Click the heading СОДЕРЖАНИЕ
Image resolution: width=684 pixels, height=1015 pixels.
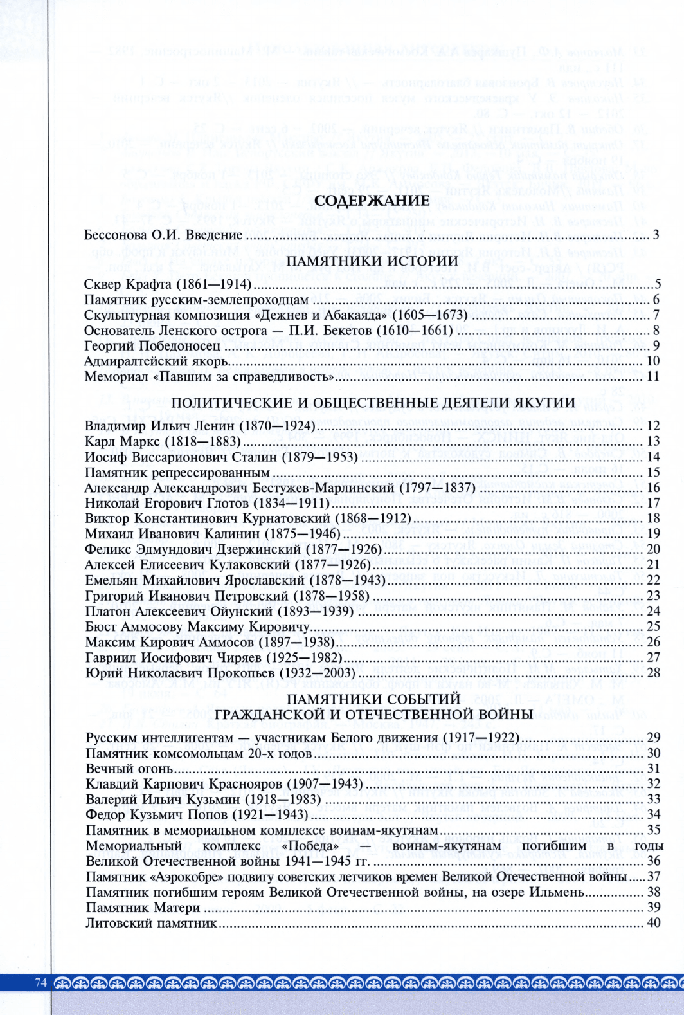click(x=372, y=201)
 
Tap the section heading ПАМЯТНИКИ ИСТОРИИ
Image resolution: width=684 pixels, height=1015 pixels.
click(x=372, y=261)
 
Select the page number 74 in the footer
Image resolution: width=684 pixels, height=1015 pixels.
click(x=42, y=982)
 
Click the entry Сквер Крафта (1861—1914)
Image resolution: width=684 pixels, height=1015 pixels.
click(x=168, y=284)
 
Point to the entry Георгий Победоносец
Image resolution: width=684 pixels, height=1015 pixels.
click(x=152, y=346)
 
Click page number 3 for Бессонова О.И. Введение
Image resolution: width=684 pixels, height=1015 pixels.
click(x=656, y=235)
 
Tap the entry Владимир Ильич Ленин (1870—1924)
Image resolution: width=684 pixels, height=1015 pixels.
click(x=200, y=426)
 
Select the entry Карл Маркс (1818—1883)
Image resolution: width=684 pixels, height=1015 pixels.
click(x=163, y=441)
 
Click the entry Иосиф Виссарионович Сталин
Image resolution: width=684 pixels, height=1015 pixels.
click(x=221, y=457)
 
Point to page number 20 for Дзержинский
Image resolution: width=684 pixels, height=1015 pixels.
click(x=654, y=549)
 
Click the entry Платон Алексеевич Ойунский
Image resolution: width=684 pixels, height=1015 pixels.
click(x=219, y=611)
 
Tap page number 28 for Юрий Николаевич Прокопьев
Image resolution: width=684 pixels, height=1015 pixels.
click(x=654, y=673)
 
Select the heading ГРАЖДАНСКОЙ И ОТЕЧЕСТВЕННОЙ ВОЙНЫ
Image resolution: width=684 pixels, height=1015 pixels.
click(x=372, y=714)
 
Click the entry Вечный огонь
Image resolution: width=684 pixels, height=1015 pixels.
click(x=129, y=768)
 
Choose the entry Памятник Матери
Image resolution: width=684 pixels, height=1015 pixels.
click(x=143, y=908)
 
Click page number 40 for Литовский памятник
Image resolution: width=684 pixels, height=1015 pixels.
click(x=654, y=924)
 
